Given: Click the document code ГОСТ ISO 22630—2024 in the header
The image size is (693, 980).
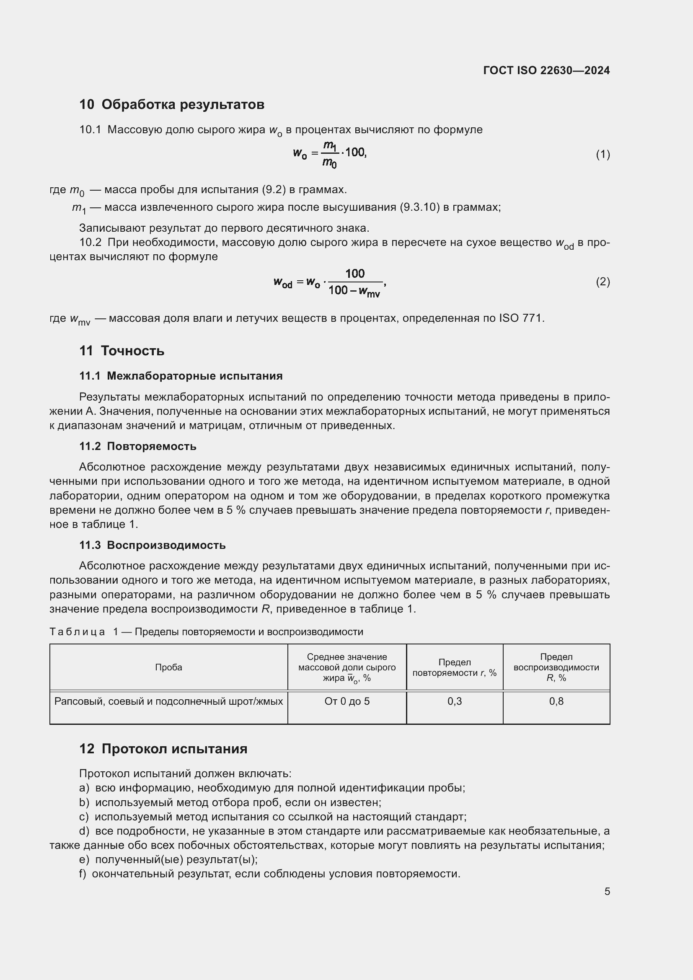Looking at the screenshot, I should tap(546, 70).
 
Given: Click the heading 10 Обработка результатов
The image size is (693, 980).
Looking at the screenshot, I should tap(171, 104).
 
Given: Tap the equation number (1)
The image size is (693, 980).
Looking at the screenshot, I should tap(602, 154).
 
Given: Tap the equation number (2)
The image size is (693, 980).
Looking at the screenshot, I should tap(602, 281).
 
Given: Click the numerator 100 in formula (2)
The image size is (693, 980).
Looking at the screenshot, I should tap(354, 273).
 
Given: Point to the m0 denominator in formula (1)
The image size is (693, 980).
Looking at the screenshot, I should tap(329, 163).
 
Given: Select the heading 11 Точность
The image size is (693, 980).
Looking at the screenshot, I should tap(122, 350).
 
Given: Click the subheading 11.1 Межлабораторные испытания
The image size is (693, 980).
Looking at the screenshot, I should tap(181, 375).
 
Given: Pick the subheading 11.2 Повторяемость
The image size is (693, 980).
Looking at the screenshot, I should tap(138, 446).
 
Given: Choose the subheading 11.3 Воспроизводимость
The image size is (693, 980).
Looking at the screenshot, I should tap(153, 545).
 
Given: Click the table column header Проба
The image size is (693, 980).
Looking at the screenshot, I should tap(168, 667).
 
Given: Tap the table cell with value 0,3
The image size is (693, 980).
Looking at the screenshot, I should tap(455, 701).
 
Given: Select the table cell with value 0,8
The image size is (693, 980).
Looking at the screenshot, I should tap(556, 701).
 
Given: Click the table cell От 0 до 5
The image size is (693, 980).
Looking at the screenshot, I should tap(347, 701).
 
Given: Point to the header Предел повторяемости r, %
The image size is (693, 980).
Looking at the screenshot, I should tap(455, 667).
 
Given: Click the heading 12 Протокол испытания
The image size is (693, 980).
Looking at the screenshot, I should tap(163, 749).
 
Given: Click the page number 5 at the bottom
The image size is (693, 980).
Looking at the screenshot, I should tap(607, 891).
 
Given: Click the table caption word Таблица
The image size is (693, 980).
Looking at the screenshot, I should tap(77, 632).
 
